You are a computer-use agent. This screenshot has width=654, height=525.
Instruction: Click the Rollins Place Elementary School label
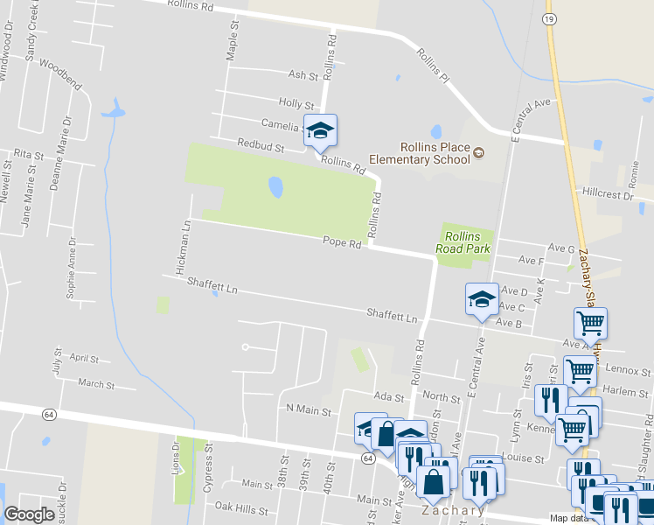[423, 153]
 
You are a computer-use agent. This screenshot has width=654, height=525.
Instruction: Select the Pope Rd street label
[342, 242]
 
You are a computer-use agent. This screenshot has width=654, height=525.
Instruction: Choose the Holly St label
[296, 103]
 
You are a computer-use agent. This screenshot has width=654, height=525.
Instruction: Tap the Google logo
[29, 514]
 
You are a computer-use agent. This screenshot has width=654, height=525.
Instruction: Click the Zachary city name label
[452, 510]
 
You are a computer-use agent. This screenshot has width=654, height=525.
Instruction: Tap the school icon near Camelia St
[320, 130]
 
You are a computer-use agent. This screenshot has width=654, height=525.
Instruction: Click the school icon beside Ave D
[482, 299]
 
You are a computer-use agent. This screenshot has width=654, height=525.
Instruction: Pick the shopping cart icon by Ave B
[591, 324]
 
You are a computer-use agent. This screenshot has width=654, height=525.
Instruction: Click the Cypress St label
[208, 473]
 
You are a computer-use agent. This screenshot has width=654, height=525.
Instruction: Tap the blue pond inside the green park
[275, 187]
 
